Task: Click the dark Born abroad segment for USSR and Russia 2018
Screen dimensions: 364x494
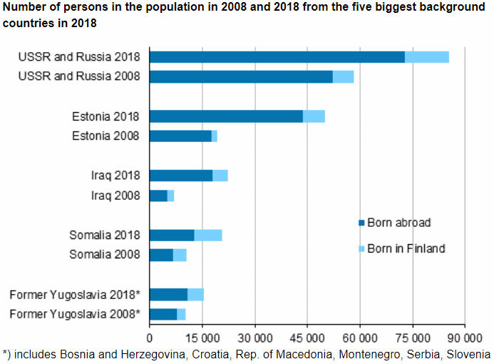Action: (277, 57)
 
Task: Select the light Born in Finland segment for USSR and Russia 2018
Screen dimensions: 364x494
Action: (426, 57)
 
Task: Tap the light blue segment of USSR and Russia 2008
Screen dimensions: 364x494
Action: (343, 76)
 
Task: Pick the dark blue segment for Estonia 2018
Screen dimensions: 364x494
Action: (226, 116)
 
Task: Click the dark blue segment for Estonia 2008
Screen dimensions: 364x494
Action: (180, 136)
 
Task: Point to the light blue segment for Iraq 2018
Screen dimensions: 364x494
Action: (220, 176)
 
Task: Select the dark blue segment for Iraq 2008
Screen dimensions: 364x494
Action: (158, 196)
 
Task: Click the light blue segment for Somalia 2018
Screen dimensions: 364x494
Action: (208, 235)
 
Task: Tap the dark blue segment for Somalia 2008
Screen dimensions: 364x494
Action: (161, 255)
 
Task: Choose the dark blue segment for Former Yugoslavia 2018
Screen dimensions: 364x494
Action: (168, 294)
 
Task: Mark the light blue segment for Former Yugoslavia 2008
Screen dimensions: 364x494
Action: (181, 314)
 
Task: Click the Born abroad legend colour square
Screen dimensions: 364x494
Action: (361, 223)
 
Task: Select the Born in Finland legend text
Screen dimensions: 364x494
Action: (406, 248)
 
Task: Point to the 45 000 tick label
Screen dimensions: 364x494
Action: (307, 336)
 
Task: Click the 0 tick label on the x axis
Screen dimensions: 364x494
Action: (150, 336)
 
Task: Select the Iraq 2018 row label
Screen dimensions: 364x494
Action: (114, 176)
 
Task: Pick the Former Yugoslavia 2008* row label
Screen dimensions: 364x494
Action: (75, 314)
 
